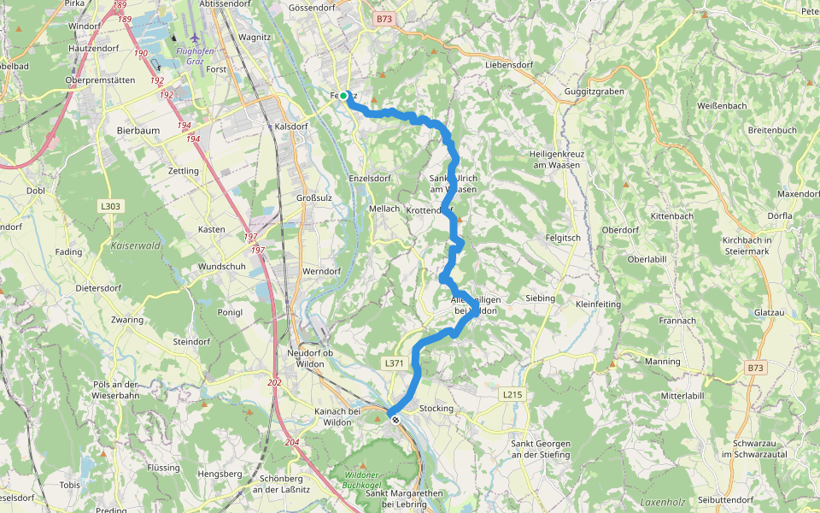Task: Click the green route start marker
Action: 343,96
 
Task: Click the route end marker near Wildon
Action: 395,419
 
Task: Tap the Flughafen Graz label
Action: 196,51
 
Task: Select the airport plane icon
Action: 196,38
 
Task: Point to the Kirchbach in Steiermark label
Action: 747,246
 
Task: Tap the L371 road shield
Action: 394,363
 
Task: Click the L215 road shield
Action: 512,394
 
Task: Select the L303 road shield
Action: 110,206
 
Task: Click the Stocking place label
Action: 436,409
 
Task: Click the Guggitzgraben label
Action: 594,91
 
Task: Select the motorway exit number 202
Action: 274,382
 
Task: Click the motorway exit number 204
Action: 292,442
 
